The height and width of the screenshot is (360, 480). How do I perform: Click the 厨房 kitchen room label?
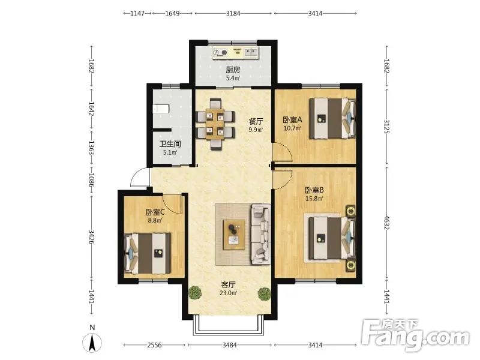click(233, 70)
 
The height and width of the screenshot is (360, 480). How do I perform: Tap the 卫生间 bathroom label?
click(170, 144)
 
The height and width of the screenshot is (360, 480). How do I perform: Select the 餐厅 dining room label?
click(256, 121)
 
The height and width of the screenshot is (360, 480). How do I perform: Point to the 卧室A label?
click(292, 119)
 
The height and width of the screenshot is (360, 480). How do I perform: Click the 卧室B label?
click(314, 190)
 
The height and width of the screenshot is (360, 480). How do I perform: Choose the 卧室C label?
click(155, 212)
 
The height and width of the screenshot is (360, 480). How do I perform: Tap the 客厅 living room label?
click(229, 284)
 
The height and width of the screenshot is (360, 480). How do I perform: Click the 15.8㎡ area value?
click(314, 199)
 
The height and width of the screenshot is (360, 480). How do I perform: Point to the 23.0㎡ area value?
click(229, 293)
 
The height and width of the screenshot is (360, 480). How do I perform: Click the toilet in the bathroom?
click(161, 109)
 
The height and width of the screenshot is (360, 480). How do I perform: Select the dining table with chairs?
click(215, 124)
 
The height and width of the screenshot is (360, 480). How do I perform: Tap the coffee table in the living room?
click(234, 235)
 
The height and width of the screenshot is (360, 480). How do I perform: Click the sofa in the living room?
click(261, 234)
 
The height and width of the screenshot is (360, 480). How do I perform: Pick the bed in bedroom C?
click(147, 253)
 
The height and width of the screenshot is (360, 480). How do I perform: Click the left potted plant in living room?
click(196, 293)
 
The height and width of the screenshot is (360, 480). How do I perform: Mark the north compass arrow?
click(92, 343)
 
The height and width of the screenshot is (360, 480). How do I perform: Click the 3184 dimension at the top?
click(233, 13)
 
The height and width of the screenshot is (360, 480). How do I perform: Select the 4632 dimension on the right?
click(386, 222)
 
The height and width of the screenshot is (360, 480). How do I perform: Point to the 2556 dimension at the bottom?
click(154, 345)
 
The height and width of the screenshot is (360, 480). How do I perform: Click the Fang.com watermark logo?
click(415, 335)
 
